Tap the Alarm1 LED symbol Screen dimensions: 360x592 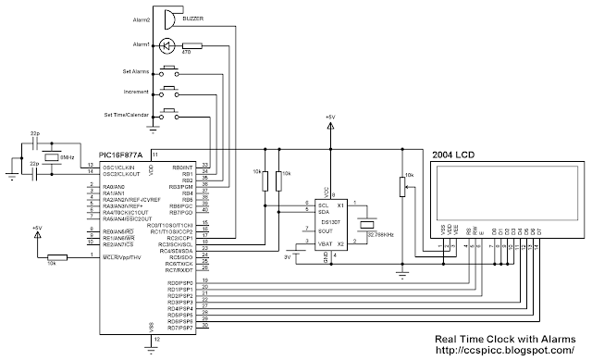coord(167,45)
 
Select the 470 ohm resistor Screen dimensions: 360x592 coord(192,45)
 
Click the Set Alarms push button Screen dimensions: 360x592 coord(170,70)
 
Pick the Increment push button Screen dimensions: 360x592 coord(170,92)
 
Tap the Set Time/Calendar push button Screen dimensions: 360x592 coord(170,114)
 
